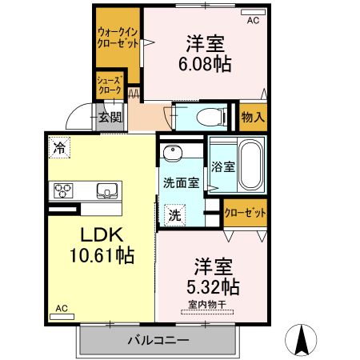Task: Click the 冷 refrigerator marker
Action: pyautogui.click(x=58, y=146)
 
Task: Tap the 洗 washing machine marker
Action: pyautogui.click(x=174, y=214)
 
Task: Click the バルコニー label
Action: pyautogui.click(x=158, y=341)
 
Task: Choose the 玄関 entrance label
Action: pyautogui.click(x=109, y=117)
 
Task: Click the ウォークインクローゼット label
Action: pyautogui.click(x=117, y=37)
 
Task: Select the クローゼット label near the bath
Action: pyautogui.click(x=245, y=213)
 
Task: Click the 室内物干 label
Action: pyautogui.click(x=208, y=304)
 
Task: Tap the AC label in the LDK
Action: pyautogui.click(x=62, y=308)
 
